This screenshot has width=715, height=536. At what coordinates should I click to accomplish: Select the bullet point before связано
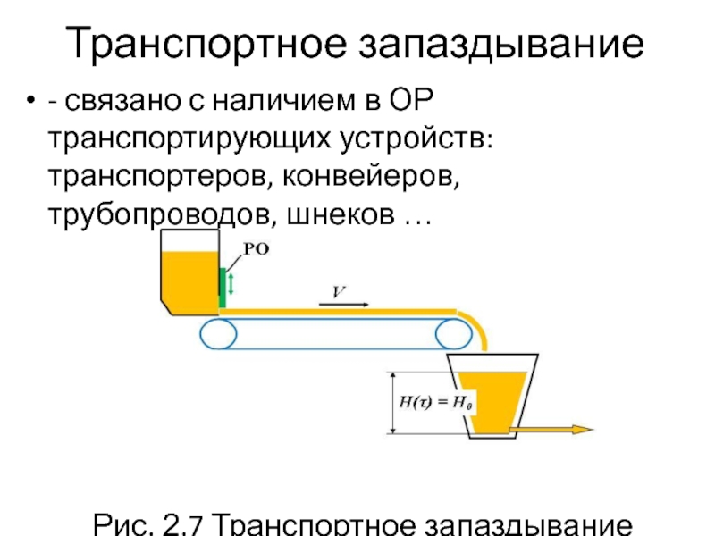coord(32,103)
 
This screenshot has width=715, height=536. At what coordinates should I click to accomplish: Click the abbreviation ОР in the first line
coord(412,101)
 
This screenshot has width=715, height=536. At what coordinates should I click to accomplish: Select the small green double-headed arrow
coord(232,284)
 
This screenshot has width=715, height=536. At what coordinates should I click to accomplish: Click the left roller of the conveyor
coord(217,335)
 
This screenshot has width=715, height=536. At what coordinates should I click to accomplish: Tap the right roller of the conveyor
coord(454,335)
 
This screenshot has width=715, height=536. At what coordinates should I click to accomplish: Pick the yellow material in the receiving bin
coord(496,402)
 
